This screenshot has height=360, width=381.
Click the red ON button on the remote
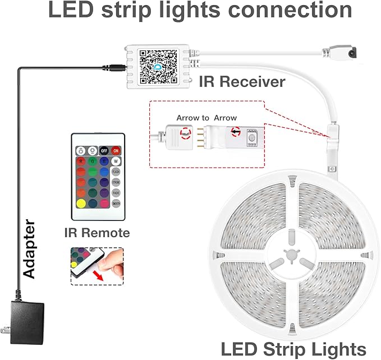(116, 150)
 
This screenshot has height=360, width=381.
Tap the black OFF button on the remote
(103, 150)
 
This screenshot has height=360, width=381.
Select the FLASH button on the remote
(116, 172)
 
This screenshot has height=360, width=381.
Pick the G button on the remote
(92, 161)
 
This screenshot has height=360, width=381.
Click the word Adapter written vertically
(29, 250)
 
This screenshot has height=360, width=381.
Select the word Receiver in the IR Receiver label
(253, 81)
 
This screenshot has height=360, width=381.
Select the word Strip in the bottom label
(288, 348)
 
